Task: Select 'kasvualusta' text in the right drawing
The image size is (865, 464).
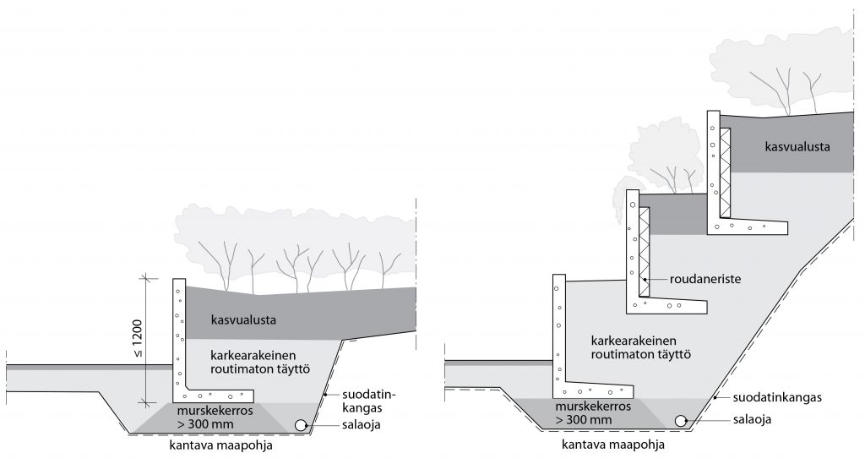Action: pos(797,146)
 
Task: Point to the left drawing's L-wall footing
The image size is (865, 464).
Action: pos(215,394)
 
